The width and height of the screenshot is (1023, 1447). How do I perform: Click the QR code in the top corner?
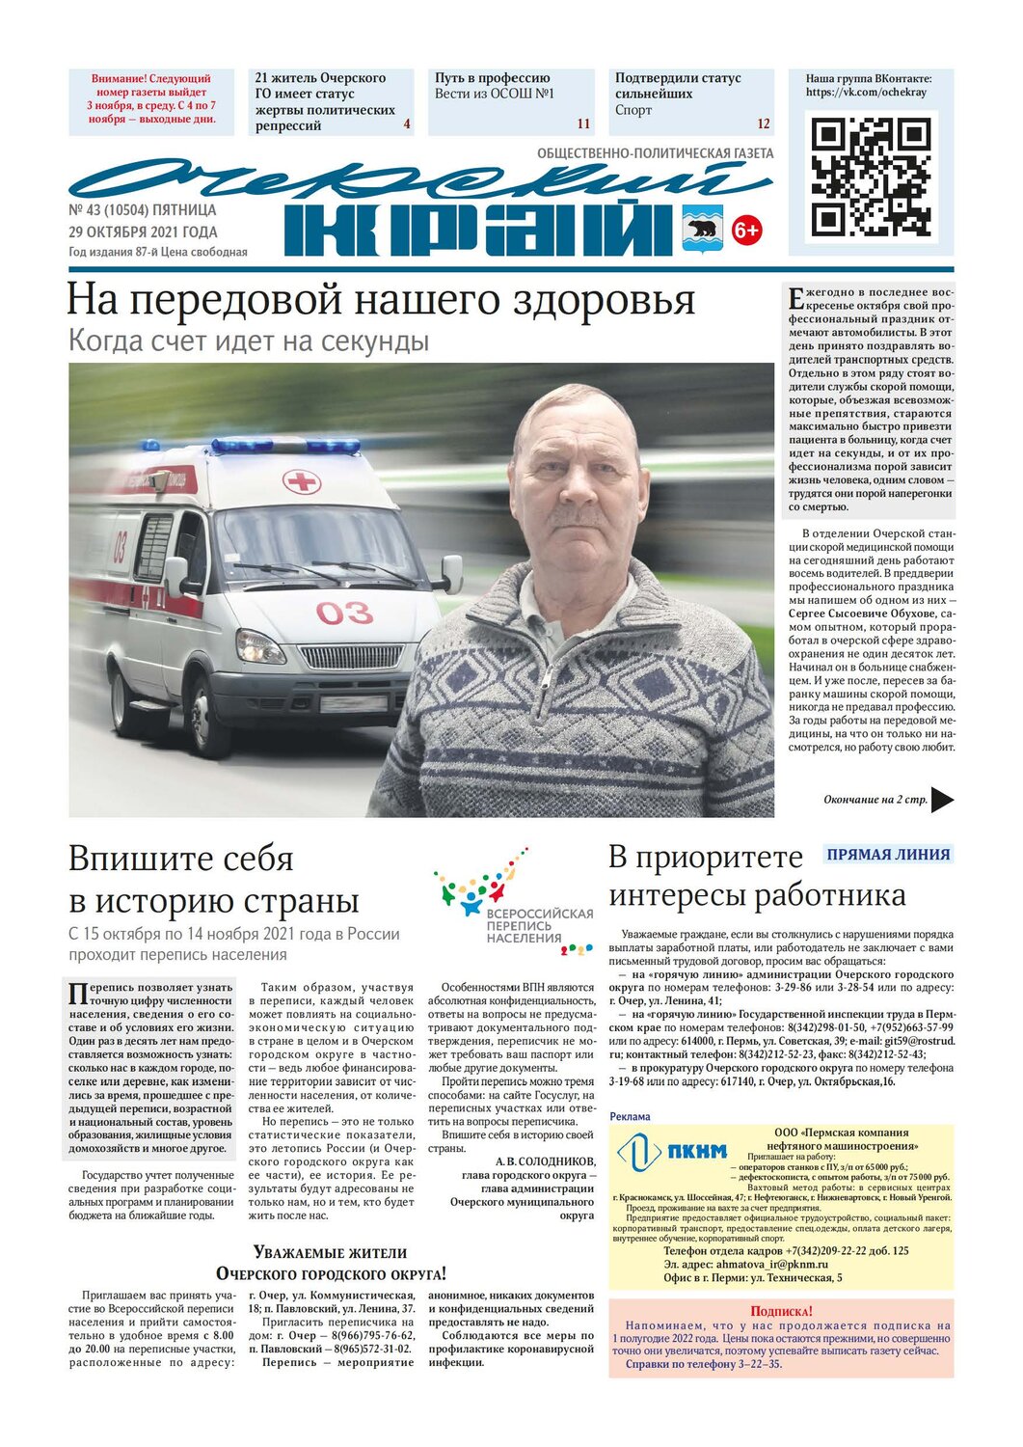click(x=871, y=177)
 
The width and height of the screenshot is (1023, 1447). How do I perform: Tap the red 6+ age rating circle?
click(x=746, y=230)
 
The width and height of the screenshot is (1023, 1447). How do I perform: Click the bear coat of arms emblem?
click(x=702, y=229)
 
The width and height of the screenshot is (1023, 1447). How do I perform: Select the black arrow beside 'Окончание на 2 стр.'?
click(x=942, y=800)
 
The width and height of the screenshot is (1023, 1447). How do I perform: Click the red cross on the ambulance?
click(x=301, y=481)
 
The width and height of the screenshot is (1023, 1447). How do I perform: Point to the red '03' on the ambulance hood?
click(x=343, y=613)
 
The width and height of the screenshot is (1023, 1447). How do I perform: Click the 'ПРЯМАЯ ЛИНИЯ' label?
click(x=888, y=854)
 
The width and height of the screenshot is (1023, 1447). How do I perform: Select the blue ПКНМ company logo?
click(x=672, y=1151)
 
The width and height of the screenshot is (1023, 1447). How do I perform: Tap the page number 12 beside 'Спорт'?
click(x=764, y=123)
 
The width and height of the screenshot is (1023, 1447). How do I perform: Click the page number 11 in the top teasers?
click(x=583, y=123)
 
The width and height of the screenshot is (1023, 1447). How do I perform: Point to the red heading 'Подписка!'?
click(x=781, y=1311)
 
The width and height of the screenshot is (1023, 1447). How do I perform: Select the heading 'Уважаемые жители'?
click(x=330, y=1252)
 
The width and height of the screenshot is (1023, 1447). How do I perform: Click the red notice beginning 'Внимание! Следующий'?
click(x=151, y=99)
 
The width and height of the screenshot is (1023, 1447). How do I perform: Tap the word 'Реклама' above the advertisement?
click(x=630, y=1116)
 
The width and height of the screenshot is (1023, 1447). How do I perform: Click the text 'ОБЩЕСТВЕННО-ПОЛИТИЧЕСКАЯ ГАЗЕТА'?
click(x=655, y=153)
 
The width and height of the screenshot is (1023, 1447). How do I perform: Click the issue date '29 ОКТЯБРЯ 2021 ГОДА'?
click(x=143, y=232)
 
